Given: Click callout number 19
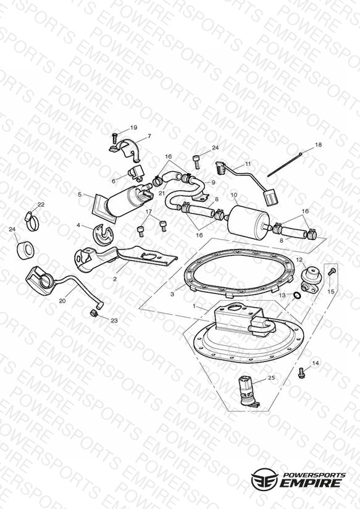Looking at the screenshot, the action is click(x=134, y=128).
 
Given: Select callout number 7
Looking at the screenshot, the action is click(x=149, y=137).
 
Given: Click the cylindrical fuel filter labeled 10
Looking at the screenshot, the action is click(x=249, y=220).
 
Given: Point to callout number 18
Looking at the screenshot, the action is click(x=319, y=145).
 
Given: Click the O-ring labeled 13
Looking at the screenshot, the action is click(x=296, y=295).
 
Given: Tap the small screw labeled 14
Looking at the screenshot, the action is click(x=301, y=372).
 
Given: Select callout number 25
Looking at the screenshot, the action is click(x=271, y=377).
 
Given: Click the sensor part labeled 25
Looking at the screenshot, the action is click(x=248, y=392).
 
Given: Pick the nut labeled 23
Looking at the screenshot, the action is click(x=93, y=313).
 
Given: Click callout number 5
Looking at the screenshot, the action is click(x=80, y=195).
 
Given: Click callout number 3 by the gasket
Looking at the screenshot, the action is click(x=172, y=295).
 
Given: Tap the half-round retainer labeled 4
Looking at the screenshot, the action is click(x=103, y=233).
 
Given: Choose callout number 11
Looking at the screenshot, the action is click(x=248, y=164).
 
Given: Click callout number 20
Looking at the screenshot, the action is click(x=62, y=301).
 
